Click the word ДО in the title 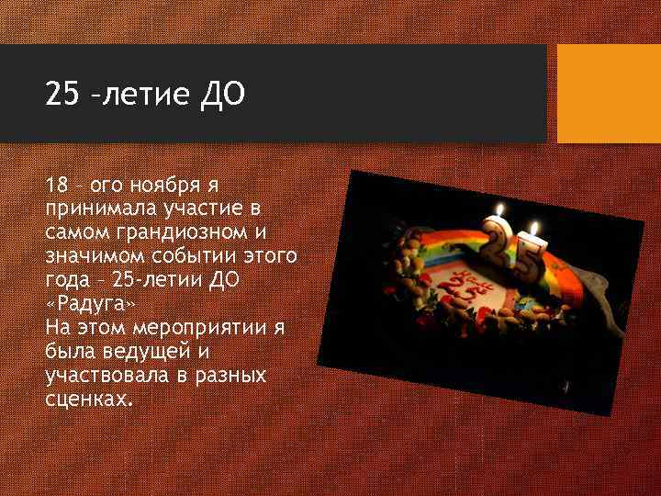(222, 95)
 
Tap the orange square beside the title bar (609, 94)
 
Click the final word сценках (88, 400)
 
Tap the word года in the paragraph (65, 279)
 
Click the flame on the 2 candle (499, 209)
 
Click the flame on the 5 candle (533, 226)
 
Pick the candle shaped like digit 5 (530, 258)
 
